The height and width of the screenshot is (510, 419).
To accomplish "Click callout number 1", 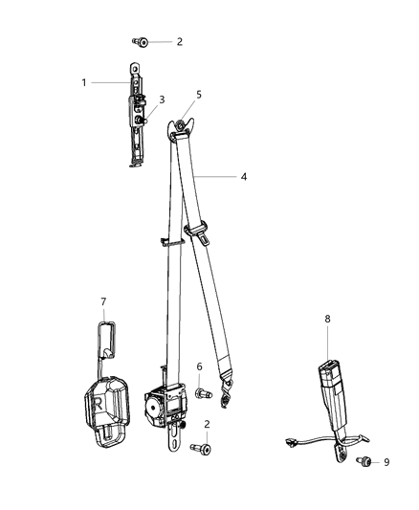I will point(84,82).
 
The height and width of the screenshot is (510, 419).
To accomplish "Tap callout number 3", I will point(162,100).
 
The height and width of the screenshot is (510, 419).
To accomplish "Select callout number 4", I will point(244,176).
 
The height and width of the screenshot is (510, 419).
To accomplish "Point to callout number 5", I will point(199,95).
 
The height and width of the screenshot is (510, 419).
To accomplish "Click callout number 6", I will point(199,366).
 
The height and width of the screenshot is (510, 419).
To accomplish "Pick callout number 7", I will point(102,302).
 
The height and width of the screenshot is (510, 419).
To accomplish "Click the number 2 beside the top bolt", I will point(178,42).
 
